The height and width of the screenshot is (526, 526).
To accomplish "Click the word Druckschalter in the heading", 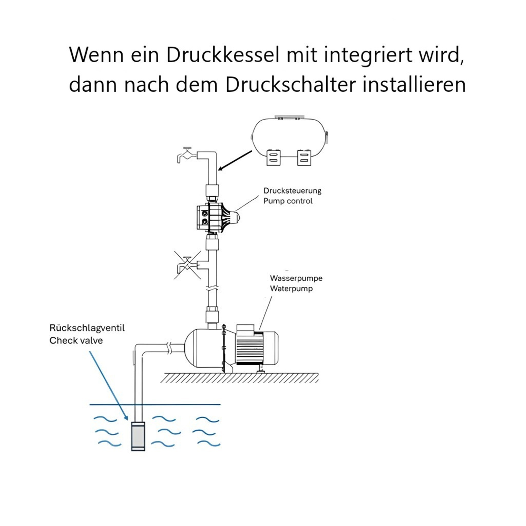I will [290, 85].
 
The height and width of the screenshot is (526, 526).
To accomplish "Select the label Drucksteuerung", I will [292, 191].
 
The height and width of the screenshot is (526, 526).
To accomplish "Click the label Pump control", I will [288, 201].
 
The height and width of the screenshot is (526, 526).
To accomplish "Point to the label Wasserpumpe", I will [296, 278].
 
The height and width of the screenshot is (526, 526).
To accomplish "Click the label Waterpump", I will [291, 289].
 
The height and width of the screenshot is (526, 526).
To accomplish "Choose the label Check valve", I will [76, 340].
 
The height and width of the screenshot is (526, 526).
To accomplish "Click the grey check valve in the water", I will [138, 436].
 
